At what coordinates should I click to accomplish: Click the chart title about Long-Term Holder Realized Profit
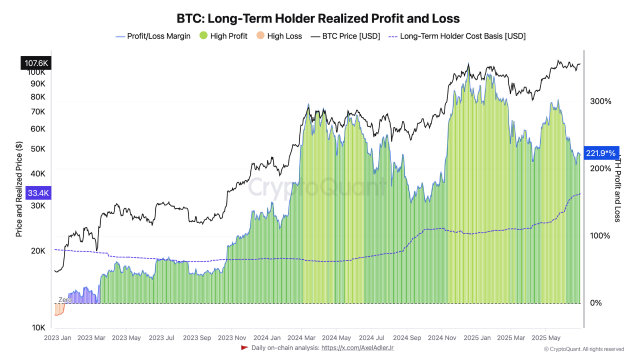pos(318,18)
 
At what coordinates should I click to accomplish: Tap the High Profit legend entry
pos(223,36)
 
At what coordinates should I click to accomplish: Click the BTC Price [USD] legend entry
pos(345,36)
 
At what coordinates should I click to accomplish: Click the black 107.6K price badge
pos(35,63)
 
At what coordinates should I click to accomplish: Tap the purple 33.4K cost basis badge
pos(38,193)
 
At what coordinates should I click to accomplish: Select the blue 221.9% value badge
pos(601,153)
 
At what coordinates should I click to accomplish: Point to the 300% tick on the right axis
pos(600,101)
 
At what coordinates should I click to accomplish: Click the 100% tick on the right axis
pos(600,235)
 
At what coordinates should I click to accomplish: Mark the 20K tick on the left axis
pos(38,251)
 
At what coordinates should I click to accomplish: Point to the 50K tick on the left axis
pos(38,149)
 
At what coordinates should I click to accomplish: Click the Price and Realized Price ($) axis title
pos(19,188)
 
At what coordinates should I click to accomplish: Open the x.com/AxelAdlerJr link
pos(357,347)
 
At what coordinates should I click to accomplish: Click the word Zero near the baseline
pos(65,300)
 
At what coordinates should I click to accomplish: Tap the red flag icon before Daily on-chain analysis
pos(244,347)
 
